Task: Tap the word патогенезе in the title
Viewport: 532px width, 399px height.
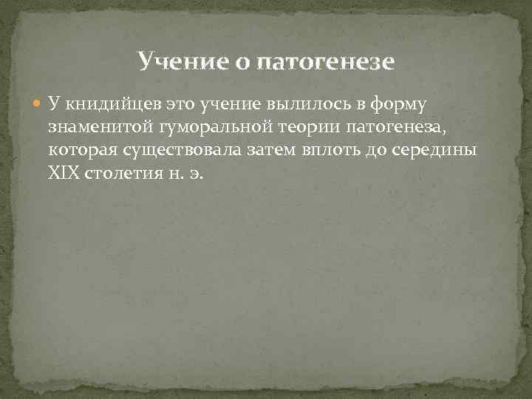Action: (326, 61)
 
